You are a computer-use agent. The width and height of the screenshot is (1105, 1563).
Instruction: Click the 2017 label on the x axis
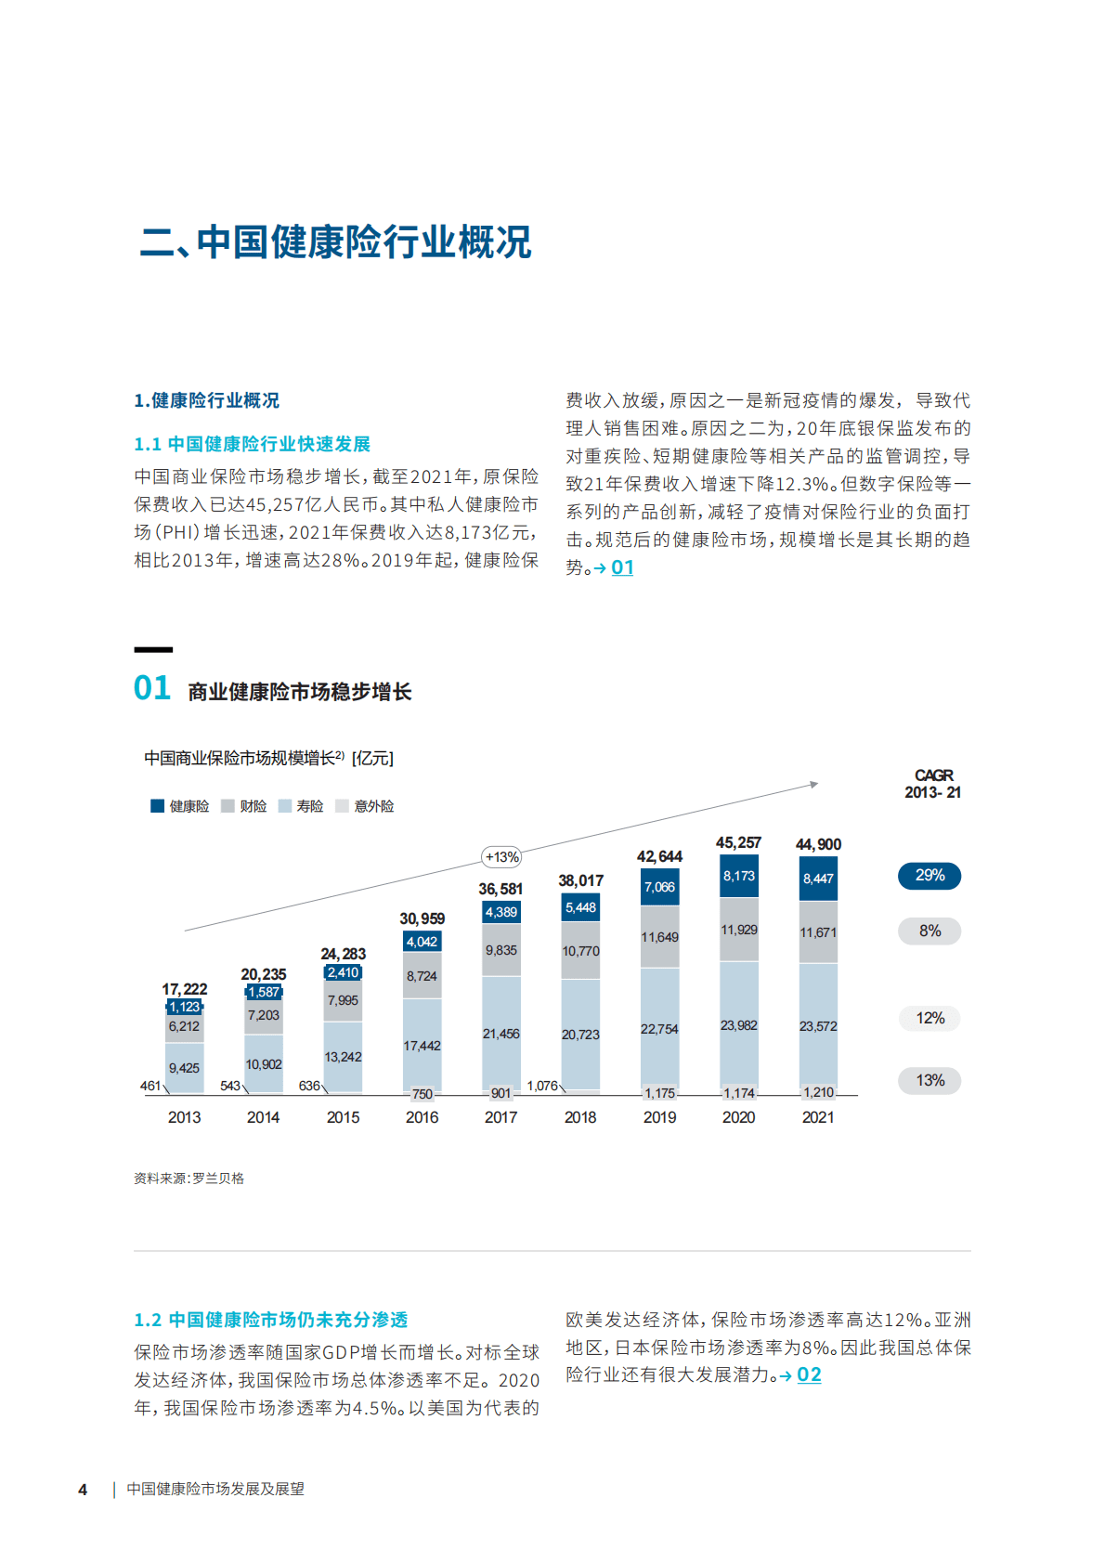tap(500, 1117)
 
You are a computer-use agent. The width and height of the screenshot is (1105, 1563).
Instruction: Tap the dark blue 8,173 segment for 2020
tap(739, 876)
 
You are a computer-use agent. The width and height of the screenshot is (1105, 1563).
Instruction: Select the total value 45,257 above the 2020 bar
tap(738, 842)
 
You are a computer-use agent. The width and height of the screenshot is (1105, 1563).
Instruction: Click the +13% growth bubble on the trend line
tap(501, 857)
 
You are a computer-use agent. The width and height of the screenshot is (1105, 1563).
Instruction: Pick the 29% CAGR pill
tap(929, 876)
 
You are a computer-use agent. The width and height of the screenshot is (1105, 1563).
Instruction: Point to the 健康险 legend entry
tap(180, 806)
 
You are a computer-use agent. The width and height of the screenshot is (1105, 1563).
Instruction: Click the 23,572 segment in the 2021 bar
tap(818, 1026)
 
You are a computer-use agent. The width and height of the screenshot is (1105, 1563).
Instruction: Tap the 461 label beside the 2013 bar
tap(150, 1086)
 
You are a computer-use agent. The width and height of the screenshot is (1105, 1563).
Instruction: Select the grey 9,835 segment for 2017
tap(500, 950)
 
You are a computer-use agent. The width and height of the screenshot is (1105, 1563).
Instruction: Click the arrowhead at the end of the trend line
tap(814, 785)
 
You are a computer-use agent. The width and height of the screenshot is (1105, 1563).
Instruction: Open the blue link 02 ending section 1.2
tap(809, 1374)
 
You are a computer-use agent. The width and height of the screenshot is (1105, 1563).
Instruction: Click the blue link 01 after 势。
tap(622, 567)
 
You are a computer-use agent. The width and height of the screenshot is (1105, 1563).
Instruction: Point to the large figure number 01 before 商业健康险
tap(152, 688)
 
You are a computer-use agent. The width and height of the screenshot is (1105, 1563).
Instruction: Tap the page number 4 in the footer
tap(83, 1490)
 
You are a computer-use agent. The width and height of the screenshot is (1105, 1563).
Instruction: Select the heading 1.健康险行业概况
tap(206, 400)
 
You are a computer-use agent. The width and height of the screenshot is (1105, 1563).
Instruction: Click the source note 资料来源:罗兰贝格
tap(188, 1179)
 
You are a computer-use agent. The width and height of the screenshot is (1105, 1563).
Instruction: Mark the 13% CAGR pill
tap(929, 1080)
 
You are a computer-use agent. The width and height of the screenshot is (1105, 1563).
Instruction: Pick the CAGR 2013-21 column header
tap(933, 784)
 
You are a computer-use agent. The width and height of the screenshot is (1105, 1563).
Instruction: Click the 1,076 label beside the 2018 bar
tap(542, 1086)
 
